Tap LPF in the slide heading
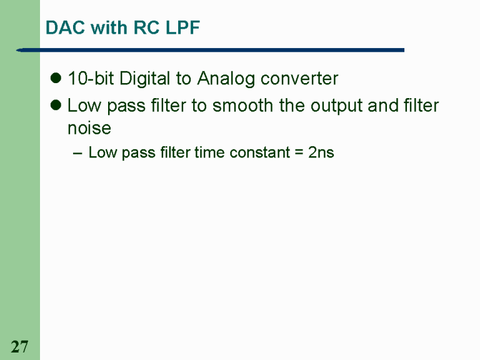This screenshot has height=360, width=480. pyautogui.click(x=184, y=28)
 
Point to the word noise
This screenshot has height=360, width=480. pyautogui.click(x=89, y=129)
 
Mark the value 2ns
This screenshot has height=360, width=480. pyautogui.click(x=321, y=152)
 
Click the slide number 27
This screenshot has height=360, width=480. pyautogui.click(x=19, y=346)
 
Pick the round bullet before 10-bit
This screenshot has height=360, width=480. pyautogui.click(x=55, y=79)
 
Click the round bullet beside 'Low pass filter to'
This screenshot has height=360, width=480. pyautogui.click(x=55, y=105)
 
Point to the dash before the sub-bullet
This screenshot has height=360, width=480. pyautogui.click(x=77, y=152)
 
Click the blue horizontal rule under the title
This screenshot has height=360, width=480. pyautogui.click(x=212, y=50)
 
